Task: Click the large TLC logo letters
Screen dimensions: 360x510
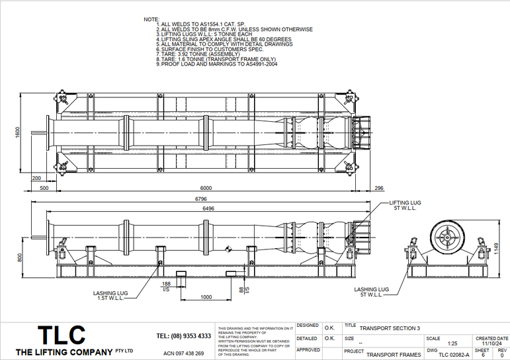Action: point(62,334)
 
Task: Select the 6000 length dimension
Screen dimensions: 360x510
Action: point(206,188)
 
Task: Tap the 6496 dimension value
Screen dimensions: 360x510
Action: point(206,208)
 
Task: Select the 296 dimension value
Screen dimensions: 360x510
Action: point(378,188)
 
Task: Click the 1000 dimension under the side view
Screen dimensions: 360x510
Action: point(206,297)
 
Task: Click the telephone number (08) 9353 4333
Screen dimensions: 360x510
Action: point(184,336)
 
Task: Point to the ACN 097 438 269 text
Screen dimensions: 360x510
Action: point(184,353)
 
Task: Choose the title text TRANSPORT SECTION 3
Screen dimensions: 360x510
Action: point(390,328)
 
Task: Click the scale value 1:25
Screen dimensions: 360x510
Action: point(452,343)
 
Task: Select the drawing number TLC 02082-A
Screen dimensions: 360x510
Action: point(453,355)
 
